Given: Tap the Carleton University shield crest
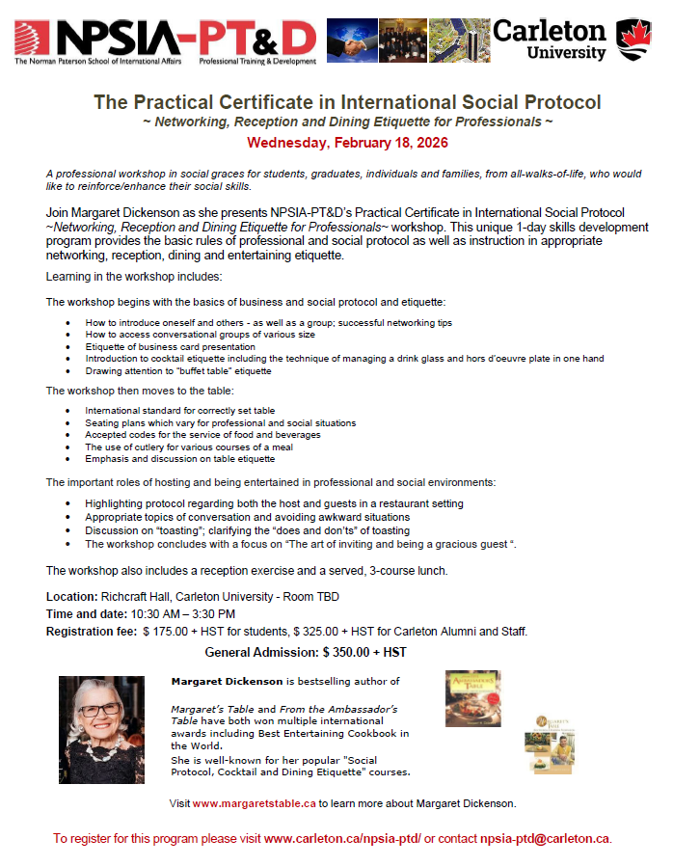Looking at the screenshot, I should point(631,40).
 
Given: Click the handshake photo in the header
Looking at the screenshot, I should point(351,41).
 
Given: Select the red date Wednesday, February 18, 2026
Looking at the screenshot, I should point(347,143).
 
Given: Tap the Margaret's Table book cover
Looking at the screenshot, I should point(547,744).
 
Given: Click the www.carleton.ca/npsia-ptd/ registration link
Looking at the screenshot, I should point(342,839).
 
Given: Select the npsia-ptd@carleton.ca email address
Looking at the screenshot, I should point(545,839).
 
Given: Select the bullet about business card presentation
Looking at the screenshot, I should point(170,346).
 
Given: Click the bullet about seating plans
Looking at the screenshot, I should point(220,422).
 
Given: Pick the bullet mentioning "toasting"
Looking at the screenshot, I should point(247,530).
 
